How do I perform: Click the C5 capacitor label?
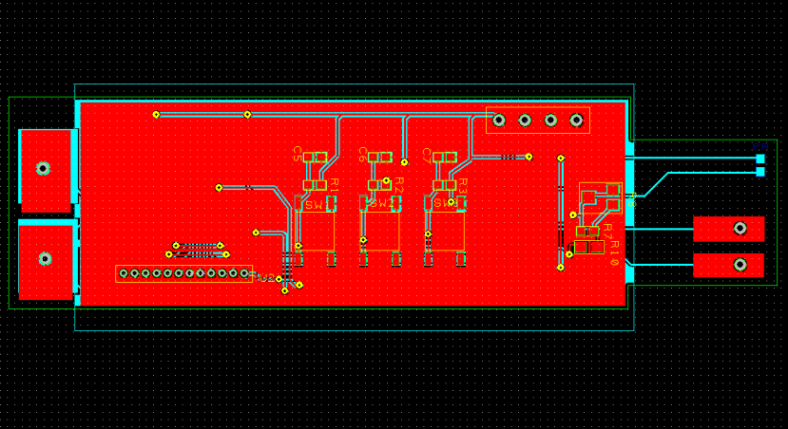click(298, 153)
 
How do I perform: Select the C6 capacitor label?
click(363, 153)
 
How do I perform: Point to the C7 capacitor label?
click(427, 153)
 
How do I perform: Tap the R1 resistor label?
click(335, 184)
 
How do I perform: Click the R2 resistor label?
click(399, 184)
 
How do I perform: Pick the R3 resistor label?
click(464, 184)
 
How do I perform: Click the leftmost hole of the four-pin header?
click(499, 121)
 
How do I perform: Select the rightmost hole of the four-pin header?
click(575, 121)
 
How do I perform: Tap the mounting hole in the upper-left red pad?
click(43, 168)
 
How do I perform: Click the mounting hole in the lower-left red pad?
click(43, 257)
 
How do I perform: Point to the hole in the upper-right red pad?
click(740, 228)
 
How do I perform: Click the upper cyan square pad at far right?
click(759, 158)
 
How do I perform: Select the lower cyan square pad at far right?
click(759, 172)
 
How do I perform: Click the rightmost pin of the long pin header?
click(244, 273)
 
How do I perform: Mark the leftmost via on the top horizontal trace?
click(156, 115)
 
